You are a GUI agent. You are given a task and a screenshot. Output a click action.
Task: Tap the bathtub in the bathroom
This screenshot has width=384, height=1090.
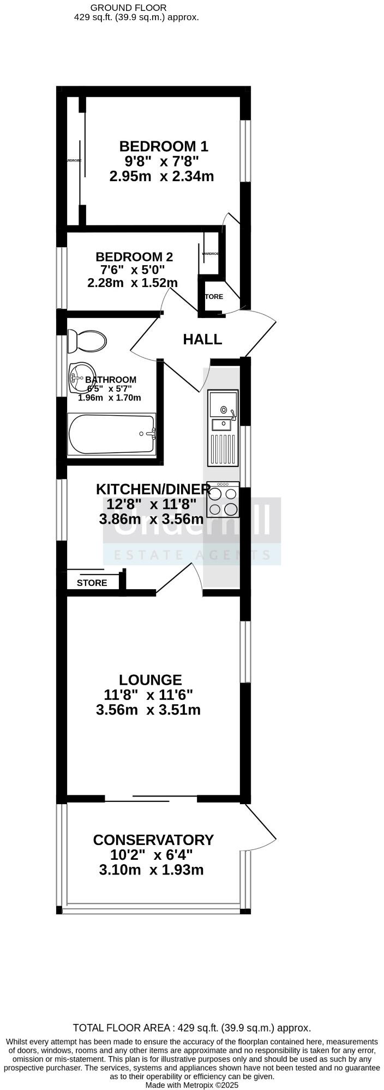pyautogui.click(x=111, y=434)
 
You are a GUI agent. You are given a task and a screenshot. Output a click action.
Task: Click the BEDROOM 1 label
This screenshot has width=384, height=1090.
pyautogui.click(x=164, y=146)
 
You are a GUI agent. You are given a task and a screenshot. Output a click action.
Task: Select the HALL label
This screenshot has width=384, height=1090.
pyautogui.click(x=202, y=339)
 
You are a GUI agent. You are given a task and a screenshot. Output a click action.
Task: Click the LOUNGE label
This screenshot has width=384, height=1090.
pyautogui.click(x=151, y=680)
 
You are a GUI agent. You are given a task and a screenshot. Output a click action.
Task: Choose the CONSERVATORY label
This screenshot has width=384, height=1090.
pyautogui.click(x=153, y=840)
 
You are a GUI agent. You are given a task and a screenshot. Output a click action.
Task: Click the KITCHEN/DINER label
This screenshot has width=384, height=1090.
pyautogui.click(x=153, y=489)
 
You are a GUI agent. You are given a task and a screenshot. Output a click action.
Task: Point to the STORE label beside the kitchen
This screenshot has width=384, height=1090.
pyautogui.click(x=92, y=583)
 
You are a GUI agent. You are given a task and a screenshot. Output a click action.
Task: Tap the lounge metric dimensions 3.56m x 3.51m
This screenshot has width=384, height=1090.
pyautogui.click(x=148, y=710)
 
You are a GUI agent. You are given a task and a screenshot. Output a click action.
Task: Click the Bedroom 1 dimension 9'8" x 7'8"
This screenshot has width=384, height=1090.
pyautogui.click(x=161, y=161)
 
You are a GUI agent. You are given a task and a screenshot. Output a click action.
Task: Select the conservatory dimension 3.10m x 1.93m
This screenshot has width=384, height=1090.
pyautogui.click(x=152, y=870)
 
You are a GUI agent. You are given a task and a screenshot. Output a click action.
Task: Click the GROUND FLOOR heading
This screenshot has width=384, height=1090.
pyautogui.click(x=128, y=8)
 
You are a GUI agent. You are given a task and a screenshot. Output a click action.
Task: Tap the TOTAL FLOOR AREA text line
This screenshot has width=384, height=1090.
pyautogui.click(x=192, y=1028)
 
